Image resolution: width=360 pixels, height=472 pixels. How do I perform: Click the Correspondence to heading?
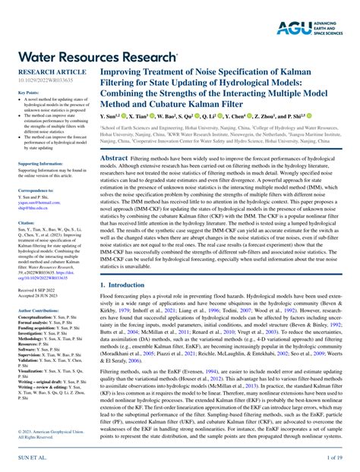pos(36,190)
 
